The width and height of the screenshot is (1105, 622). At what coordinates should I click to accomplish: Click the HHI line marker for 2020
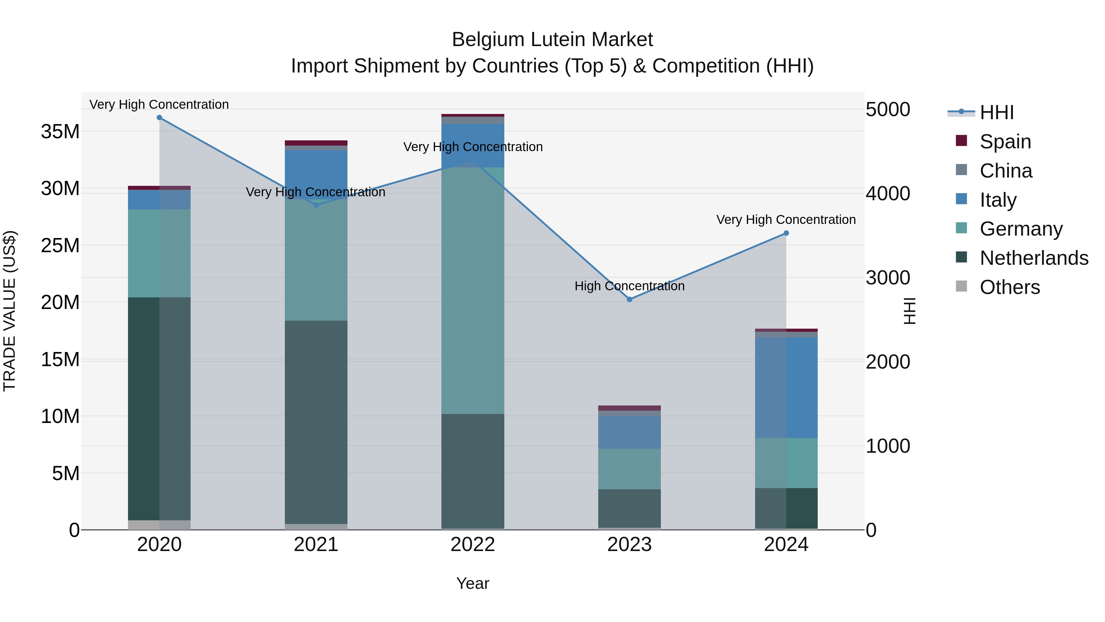159,118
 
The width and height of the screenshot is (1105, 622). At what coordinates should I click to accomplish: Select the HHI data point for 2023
629,299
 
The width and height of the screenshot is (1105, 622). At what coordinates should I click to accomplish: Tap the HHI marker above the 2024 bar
786,233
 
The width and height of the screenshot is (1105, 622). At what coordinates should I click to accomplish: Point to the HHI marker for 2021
316,205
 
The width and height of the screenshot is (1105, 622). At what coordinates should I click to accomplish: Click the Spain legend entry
1005,141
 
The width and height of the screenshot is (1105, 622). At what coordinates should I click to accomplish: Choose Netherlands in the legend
1034,258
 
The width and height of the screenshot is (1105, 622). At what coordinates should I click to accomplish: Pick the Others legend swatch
961,286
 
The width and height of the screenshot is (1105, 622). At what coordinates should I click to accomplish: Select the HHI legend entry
996,112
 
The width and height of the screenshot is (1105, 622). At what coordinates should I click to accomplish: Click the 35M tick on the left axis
60,131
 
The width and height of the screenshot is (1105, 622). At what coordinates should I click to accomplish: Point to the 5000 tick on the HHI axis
887,109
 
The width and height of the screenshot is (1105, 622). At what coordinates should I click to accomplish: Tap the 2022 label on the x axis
473,545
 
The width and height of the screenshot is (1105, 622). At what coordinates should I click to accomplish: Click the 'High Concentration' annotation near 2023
629,286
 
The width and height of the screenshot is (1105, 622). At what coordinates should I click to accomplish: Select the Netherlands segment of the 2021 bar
316,422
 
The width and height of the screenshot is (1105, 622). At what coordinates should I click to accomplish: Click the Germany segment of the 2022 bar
473,291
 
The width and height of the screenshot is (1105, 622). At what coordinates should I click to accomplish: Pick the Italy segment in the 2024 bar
786,388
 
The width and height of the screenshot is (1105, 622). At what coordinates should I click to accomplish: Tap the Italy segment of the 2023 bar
629,432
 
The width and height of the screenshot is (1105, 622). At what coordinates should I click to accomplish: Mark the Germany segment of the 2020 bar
159,253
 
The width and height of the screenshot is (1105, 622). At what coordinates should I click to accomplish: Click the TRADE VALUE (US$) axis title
10,311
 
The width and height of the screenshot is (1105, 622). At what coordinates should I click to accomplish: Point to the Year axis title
473,583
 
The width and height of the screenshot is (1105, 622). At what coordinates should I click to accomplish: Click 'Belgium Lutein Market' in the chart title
552,40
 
